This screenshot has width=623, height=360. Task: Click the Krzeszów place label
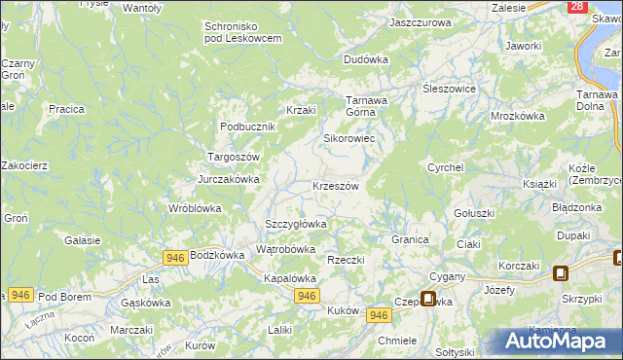[336, 186]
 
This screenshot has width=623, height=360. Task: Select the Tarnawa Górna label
[368, 106]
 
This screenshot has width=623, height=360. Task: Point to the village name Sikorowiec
[349, 138]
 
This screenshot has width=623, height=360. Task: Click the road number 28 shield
[576, 7]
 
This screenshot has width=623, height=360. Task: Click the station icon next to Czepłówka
[427, 299]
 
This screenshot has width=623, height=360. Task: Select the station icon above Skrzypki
[561, 273]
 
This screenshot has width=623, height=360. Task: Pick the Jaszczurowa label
[420, 21]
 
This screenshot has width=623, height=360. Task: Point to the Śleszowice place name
[448, 88]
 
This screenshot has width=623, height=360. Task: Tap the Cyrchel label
[445, 167]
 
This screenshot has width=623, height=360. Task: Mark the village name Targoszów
[234, 157]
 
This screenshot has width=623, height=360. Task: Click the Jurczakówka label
[229, 179]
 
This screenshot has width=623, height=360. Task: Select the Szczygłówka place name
[296, 224]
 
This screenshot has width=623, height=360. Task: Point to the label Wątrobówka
[285, 249]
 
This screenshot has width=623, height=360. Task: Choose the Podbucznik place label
[248, 126]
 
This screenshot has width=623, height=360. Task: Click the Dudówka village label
[366, 59]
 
